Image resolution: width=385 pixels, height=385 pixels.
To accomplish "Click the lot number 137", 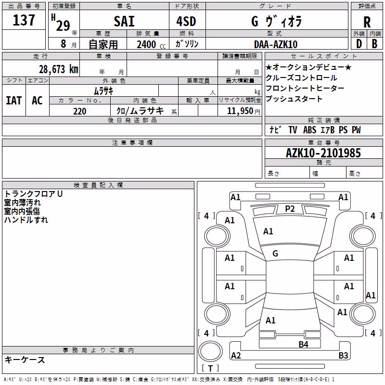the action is [x=24, y=20].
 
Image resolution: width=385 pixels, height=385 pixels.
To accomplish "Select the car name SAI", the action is [x=124, y=21].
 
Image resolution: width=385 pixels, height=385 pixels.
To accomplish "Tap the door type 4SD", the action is [x=186, y=21].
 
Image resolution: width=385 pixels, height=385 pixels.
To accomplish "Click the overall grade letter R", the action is [x=367, y=22].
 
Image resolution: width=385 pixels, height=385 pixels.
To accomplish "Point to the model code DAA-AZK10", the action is [x=276, y=44].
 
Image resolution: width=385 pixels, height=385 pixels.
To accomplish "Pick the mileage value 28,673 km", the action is [x=59, y=69].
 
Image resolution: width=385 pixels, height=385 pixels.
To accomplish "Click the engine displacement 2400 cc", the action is [x=151, y=44].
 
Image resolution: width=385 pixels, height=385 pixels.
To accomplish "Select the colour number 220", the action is [x=80, y=111].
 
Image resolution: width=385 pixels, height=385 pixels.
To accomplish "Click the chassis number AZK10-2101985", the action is [x=323, y=153].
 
